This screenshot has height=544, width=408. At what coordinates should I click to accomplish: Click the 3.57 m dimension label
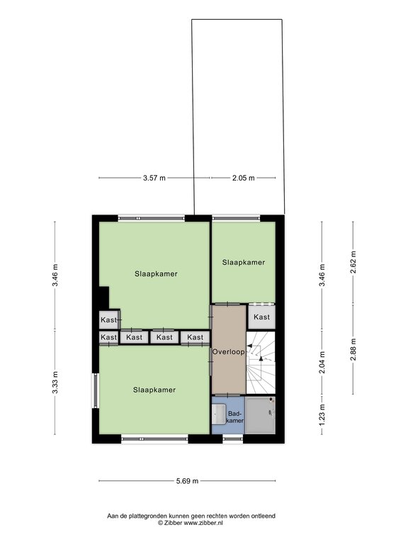coord(154,178)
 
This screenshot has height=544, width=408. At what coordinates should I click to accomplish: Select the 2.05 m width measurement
coord(243,178)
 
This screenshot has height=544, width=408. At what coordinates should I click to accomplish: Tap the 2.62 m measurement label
coord(353,263)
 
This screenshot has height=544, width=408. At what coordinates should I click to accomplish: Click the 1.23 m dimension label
coord(322,414)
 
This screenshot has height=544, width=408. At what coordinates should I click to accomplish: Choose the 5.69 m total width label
coord(187,481)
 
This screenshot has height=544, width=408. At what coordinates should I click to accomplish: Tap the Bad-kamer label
coord(235,416)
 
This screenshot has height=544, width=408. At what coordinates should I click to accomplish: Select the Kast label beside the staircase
coord(261,317)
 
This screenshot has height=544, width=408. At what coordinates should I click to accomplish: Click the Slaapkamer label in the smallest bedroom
coord(244,262)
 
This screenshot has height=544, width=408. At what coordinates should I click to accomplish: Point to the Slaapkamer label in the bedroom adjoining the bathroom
coord(154,390)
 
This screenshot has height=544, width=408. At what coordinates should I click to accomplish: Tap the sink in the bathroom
coord(219,412)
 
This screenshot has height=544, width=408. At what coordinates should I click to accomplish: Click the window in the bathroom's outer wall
coord(232,440)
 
